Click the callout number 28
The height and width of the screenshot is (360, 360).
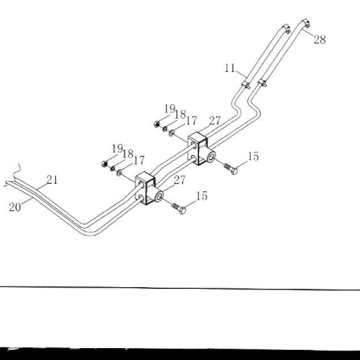319,40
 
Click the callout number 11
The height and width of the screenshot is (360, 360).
230,68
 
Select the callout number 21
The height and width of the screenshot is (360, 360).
52,180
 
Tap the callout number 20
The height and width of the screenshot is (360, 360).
15,208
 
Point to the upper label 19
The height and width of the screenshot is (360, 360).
169,108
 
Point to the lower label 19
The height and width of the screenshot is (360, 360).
117,148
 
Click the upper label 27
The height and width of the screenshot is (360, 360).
214,121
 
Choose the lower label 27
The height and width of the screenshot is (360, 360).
180,180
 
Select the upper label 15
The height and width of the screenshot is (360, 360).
253,157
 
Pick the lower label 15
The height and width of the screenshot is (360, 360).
202,196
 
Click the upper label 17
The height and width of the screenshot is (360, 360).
191,121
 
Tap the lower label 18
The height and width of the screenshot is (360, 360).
128,154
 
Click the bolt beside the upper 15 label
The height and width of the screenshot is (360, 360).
231,169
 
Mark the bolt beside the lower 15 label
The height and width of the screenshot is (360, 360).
179,208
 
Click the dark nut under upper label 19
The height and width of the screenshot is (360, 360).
157,124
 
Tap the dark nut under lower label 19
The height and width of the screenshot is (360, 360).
104,163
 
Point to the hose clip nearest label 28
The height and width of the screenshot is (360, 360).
306,23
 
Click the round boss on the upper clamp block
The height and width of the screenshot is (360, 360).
210,156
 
